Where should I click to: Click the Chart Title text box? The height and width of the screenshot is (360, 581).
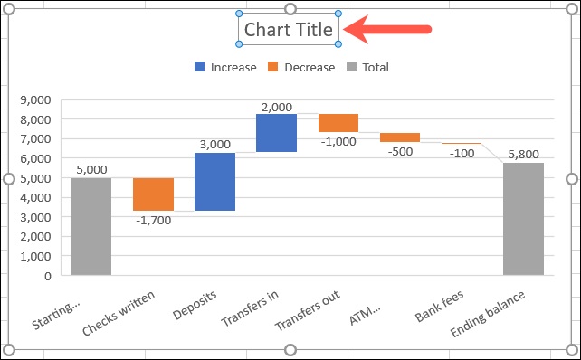(x=289, y=31)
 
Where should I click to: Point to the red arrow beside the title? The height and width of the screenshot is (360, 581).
(x=390, y=30)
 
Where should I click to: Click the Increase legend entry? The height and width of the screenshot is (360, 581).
(x=225, y=67)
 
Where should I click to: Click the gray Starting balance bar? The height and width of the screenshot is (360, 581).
(x=91, y=226)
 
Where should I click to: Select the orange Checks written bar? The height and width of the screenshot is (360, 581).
(x=153, y=194)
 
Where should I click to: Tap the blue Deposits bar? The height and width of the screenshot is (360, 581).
(x=214, y=182)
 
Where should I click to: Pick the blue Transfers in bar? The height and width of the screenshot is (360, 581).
(x=276, y=133)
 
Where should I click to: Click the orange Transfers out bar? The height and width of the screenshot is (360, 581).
(x=338, y=123)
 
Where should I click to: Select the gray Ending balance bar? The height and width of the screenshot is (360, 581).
(x=523, y=219)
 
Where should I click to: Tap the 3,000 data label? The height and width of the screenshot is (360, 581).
(x=214, y=143)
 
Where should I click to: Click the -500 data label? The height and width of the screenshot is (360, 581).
(x=400, y=151)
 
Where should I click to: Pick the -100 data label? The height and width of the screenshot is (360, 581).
(x=462, y=153)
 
